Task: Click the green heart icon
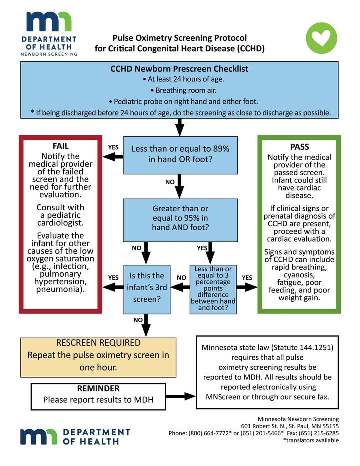[x=321, y=38]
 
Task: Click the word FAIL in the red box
[x=61, y=146]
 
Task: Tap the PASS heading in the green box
[x=300, y=147]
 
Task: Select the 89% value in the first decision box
[x=221, y=149]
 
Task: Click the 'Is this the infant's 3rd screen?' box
[x=147, y=289]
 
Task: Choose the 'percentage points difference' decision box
[x=213, y=289]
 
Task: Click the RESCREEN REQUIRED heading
[x=98, y=343]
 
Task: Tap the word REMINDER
[x=98, y=389]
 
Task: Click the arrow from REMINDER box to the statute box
[x=180, y=396]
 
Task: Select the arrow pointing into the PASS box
[x=247, y=287]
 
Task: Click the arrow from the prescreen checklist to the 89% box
[x=180, y=127]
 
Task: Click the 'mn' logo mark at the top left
[x=49, y=22]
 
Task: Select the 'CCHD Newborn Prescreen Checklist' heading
[x=179, y=69]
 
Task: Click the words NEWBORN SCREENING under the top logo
[x=49, y=54]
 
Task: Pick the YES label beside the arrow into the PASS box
[x=247, y=278]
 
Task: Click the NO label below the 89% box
[x=170, y=182]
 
